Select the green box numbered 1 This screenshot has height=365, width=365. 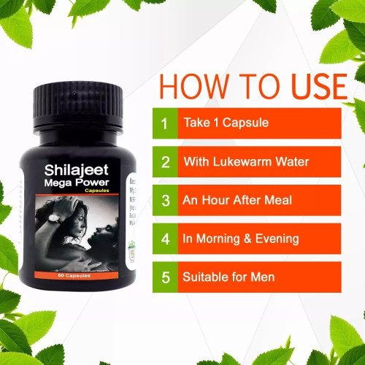pyautogui.click(x=165, y=123)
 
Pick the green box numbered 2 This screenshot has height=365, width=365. pyautogui.click(x=165, y=161)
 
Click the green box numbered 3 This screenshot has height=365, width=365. pyautogui.click(x=165, y=200)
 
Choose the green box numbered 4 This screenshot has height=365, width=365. pyautogui.click(x=165, y=239)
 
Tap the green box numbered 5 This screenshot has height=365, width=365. pyautogui.click(x=165, y=277)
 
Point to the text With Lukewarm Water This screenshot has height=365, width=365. pyautogui.click(x=246, y=161)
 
